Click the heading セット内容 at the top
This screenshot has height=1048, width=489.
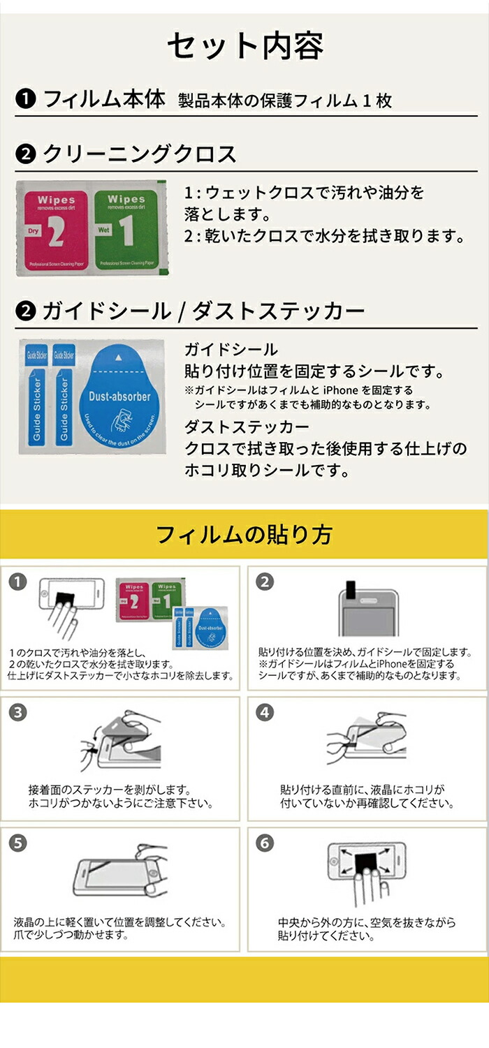tap(245, 47)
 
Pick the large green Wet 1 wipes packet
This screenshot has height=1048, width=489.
tap(126, 229)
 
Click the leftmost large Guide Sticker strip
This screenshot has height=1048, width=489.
tap(36, 397)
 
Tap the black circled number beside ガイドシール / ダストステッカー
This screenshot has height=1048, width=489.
tap(26, 311)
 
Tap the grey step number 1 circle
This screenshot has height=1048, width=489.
tap(19, 581)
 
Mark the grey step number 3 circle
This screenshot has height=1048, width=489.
tap(19, 712)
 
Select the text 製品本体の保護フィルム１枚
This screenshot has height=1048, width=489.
tap(285, 101)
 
